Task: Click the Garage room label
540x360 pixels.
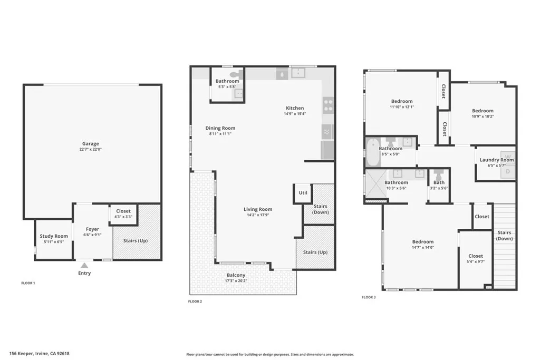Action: [90, 144]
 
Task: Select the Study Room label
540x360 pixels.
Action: [54, 236]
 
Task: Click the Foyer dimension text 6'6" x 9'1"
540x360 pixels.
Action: [92, 235]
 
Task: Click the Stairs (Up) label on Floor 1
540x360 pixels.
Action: [135, 241]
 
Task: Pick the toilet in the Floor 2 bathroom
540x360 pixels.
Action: [235, 75]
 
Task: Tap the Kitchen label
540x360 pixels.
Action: [294, 108]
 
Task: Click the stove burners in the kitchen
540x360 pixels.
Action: [328, 105]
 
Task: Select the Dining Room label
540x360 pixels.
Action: [220, 128]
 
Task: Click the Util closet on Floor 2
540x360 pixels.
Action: [303, 193]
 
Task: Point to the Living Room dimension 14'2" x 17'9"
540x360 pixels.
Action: [257, 215]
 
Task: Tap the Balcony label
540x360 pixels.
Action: [236, 275]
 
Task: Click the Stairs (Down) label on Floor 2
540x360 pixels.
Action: [320, 209]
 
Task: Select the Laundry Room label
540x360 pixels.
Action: [496, 160]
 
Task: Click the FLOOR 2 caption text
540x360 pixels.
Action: [195, 301]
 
